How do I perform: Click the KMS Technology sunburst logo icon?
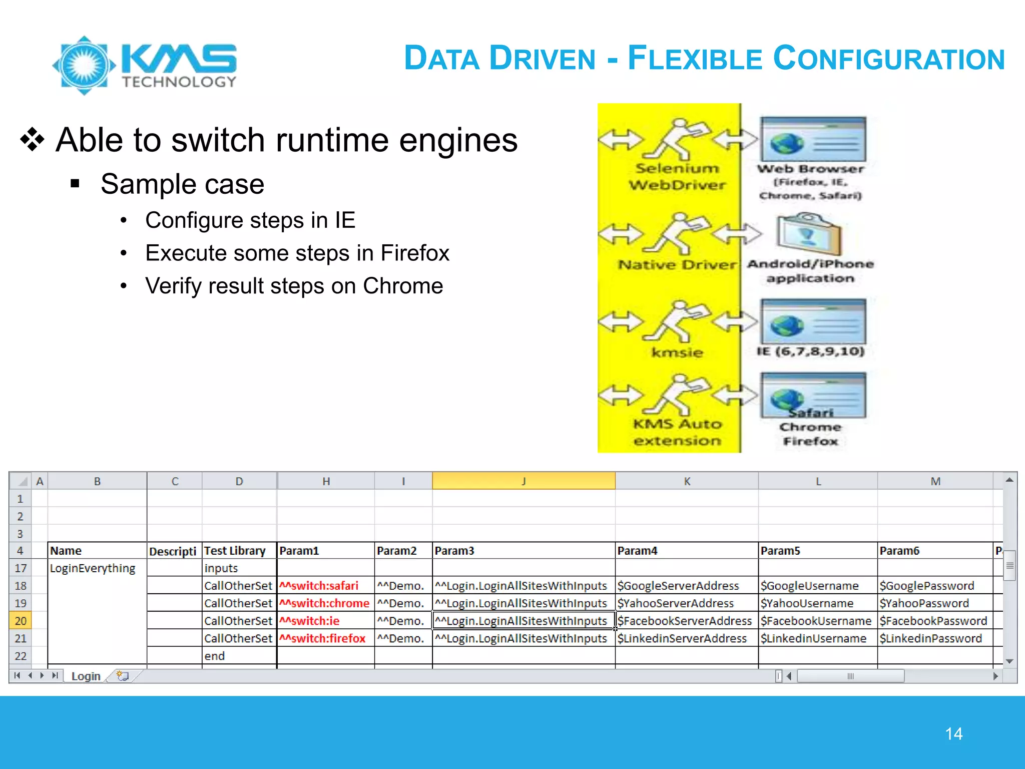pos(84,65)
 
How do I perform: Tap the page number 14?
pos(953,734)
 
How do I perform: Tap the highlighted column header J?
pos(524,481)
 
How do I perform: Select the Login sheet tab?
pos(86,676)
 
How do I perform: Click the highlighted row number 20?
pos(21,621)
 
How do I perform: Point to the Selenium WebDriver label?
pos(677,177)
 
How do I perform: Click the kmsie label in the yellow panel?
pos(677,352)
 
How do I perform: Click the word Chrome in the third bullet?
pos(403,286)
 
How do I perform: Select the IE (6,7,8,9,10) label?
pos(810,351)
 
